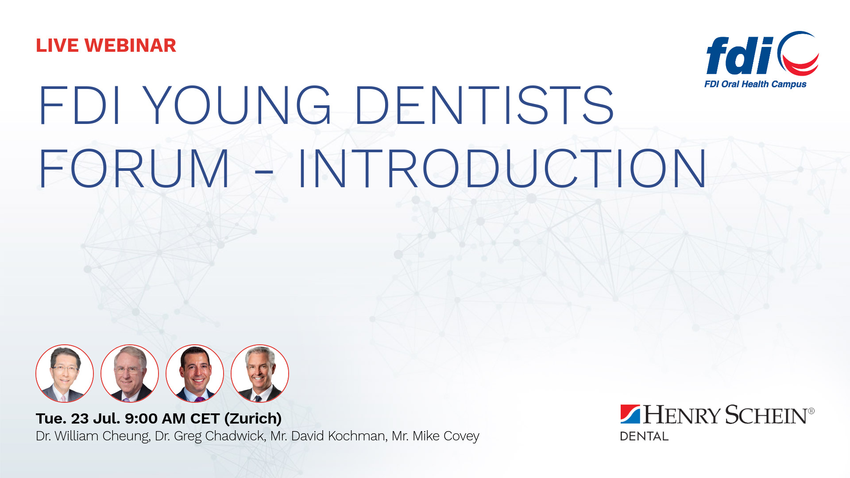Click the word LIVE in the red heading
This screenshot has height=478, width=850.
[x=57, y=46]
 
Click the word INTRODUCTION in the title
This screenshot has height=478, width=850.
[x=502, y=169]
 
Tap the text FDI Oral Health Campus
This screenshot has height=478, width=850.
[x=755, y=84]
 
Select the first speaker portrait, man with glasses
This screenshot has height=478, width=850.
[x=65, y=374]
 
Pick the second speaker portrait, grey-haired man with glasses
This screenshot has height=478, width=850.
[x=130, y=374]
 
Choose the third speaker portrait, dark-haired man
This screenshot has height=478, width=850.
[x=195, y=374]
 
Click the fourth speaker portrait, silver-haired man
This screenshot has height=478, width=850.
[x=260, y=374]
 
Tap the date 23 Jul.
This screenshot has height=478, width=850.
[x=96, y=418]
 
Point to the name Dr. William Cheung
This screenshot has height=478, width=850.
[x=93, y=436]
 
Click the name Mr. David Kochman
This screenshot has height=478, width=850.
[x=328, y=436]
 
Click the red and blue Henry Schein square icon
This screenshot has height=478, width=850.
[x=630, y=414]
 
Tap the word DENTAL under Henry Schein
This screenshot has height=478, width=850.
[x=644, y=436]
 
